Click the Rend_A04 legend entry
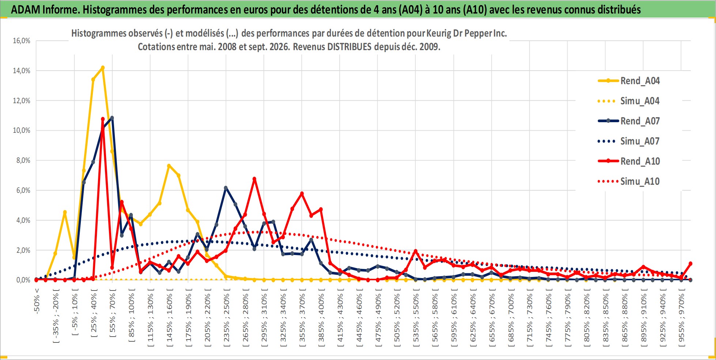629,80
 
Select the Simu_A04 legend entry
629,101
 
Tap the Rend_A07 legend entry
629,121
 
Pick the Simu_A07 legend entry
629,141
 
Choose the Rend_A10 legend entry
629,161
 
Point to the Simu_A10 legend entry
629,181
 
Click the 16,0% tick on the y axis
22,41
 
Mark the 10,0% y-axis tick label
22,130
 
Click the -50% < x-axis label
37,301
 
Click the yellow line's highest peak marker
103,68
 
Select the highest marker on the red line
103,119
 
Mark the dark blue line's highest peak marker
112,118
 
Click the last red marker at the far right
690,263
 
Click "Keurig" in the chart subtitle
439,33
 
